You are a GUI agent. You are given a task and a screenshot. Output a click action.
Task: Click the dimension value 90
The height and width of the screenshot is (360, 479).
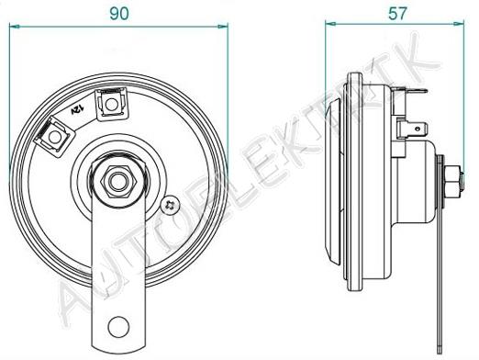(x=119, y=14)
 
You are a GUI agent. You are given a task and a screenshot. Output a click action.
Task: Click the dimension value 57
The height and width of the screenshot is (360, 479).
(x=397, y=14)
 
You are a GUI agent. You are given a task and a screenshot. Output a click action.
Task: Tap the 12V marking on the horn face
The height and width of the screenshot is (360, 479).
(x=78, y=109)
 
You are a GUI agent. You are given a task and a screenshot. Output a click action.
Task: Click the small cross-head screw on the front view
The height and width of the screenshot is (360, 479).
(x=171, y=205)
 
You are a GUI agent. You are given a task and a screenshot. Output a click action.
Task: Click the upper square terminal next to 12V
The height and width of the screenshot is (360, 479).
(x=111, y=105)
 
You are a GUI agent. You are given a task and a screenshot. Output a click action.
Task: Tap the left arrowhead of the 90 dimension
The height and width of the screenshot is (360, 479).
(x=15, y=27)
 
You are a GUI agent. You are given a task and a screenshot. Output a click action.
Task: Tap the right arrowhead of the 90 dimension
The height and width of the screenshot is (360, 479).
(x=223, y=27)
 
